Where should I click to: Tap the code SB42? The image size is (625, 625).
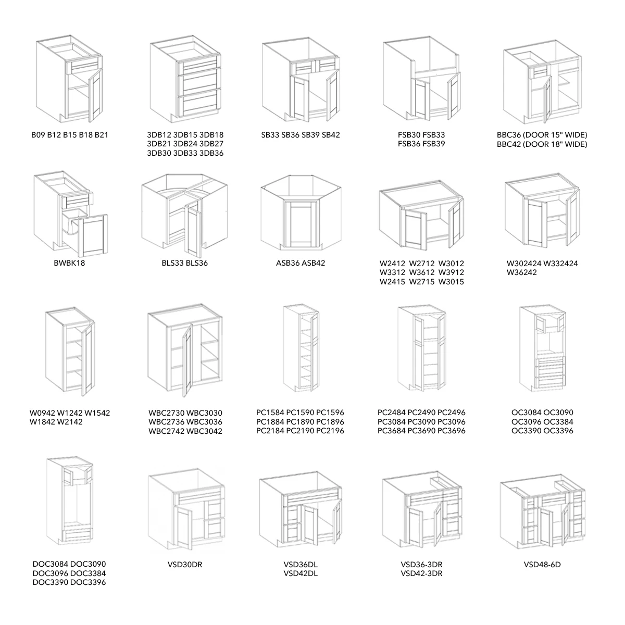pos(331,135)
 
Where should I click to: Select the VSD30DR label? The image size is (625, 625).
pos(185,565)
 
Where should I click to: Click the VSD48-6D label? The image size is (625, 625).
pos(542,565)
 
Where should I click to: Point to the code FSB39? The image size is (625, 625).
pos(434,144)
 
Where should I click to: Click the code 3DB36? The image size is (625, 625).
pos(211,153)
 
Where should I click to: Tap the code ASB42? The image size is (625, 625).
pos(313,263)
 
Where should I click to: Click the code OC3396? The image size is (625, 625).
pos(558,431)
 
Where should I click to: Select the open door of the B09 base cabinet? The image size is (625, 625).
pos(94,95)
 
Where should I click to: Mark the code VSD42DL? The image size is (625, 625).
pos(301,574)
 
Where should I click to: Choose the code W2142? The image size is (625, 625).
pos(70,422)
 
